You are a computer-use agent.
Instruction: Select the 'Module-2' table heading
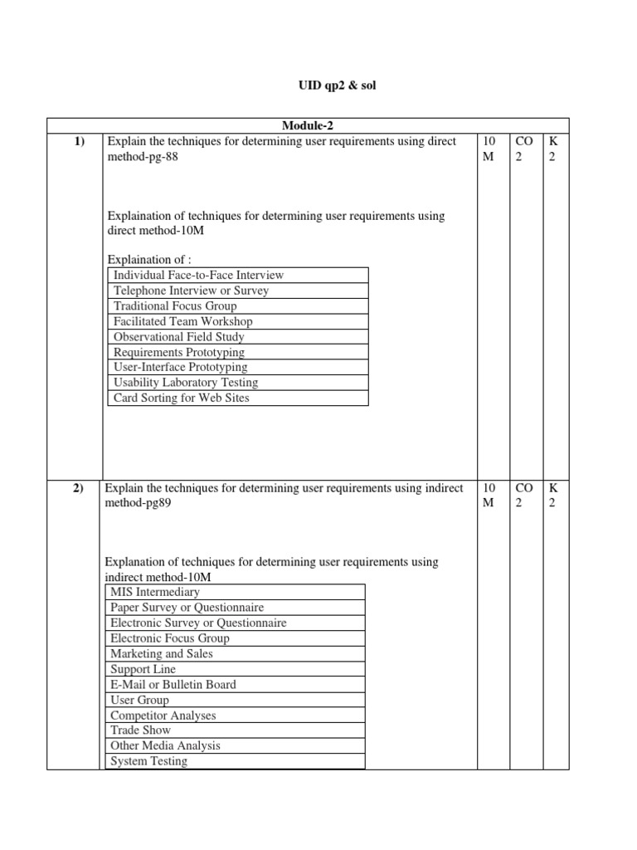[307, 125]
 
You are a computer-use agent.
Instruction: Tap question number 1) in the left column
[80, 141]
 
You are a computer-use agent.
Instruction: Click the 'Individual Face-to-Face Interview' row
[198, 275]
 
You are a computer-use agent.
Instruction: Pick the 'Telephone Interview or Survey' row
[191, 291]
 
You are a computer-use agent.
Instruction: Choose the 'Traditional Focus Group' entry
[175, 305]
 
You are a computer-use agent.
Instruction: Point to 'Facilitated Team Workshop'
[182, 321]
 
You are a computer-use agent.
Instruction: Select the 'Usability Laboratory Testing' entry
[186, 383]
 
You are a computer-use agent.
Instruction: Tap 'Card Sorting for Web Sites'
[181, 398]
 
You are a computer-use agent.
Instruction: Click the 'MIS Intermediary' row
[154, 592]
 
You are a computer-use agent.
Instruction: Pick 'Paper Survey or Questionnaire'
[187, 608]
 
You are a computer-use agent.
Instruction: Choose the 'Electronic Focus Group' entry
[169, 638]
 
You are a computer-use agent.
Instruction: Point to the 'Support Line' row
[143, 669]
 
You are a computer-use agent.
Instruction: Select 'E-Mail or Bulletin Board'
[173, 684]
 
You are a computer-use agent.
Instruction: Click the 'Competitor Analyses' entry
[163, 715]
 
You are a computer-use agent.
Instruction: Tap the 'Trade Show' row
[140, 730]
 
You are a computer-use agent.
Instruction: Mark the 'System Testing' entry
[148, 760]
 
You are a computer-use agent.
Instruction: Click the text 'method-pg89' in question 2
[139, 503]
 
